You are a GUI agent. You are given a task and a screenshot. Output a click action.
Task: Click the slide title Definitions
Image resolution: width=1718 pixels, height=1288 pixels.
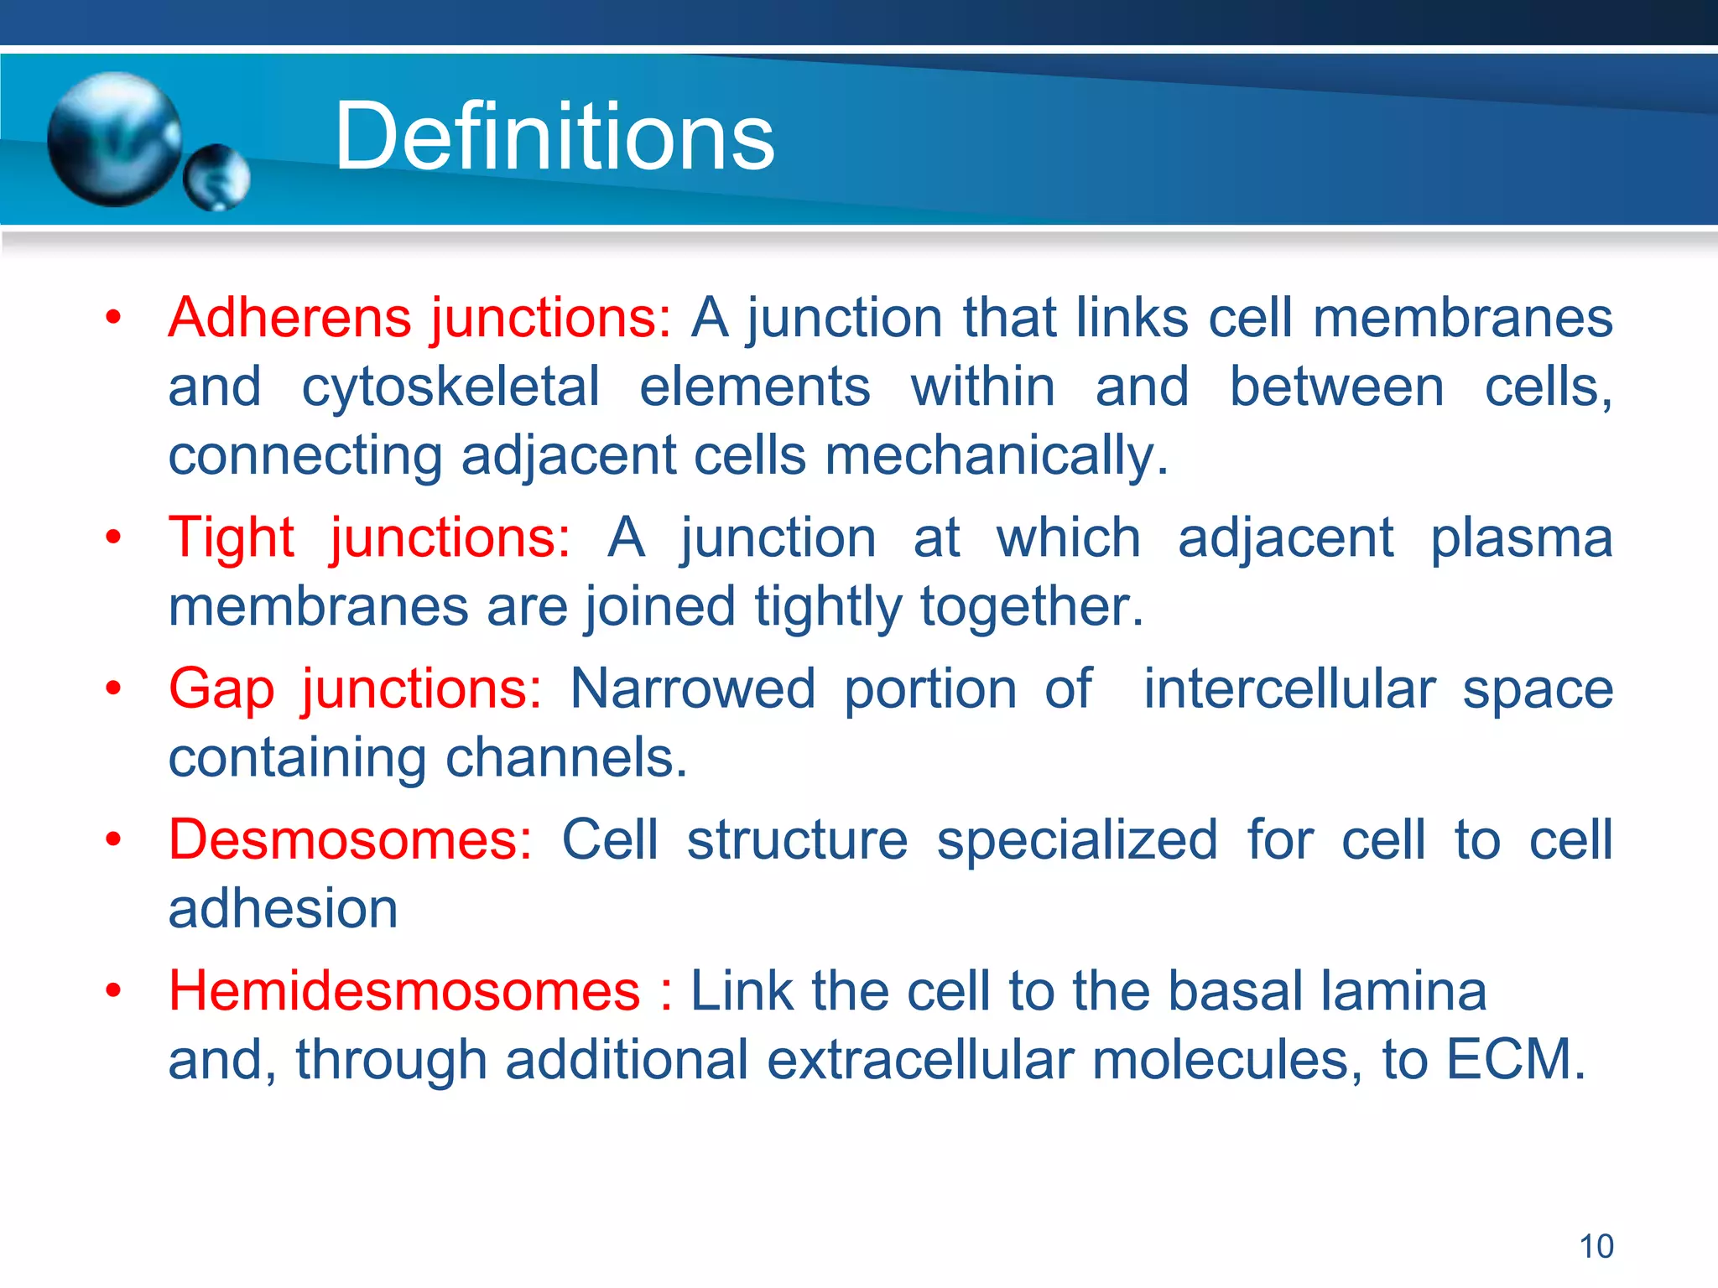point(554,137)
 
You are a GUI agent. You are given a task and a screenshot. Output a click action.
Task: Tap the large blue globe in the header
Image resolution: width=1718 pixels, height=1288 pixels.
point(114,139)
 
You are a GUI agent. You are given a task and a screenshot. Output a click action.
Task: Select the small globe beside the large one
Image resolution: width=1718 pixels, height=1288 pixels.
point(216,177)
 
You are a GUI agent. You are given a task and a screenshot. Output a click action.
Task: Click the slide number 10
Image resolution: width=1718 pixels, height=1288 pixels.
point(1596,1246)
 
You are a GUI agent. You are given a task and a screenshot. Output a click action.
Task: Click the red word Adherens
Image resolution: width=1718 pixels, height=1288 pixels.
point(289,318)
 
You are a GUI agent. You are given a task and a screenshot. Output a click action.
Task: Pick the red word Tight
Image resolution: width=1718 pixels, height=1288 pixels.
point(232,537)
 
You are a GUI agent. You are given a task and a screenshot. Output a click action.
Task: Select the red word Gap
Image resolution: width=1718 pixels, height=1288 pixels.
point(221,689)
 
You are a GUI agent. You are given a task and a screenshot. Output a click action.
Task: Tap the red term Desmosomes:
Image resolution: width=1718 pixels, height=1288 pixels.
point(350,839)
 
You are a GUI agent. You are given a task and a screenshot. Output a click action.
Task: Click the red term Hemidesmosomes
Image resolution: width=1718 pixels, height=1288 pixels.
point(404,990)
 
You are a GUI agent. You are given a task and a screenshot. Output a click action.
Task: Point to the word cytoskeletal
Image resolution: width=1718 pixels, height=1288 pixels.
point(450,388)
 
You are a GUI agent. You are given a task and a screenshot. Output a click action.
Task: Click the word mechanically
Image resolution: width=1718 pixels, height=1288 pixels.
point(996,457)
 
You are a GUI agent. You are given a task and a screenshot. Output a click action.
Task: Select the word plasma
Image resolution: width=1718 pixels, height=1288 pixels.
point(1521,537)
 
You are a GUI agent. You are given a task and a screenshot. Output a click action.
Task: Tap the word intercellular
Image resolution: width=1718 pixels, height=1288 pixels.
point(1289,689)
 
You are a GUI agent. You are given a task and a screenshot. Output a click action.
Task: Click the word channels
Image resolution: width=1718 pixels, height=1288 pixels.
point(565,758)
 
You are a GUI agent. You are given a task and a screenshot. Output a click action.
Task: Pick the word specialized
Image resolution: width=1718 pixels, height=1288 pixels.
point(1076,839)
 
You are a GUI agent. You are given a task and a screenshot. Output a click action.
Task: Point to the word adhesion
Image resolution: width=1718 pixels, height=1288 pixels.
point(283,908)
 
